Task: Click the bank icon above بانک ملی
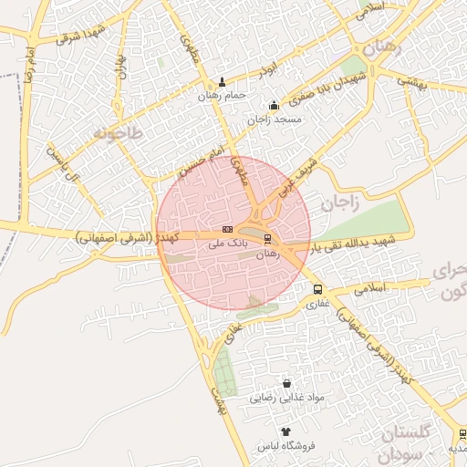pos(227,230)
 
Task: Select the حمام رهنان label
pos(224,95)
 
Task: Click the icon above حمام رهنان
pos(224,81)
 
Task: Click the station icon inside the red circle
pos(267,239)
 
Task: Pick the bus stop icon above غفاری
pos(317,290)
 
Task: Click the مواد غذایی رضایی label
pos(287,398)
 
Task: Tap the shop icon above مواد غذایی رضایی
pos(287,384)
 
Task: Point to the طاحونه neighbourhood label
pos(118,133)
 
